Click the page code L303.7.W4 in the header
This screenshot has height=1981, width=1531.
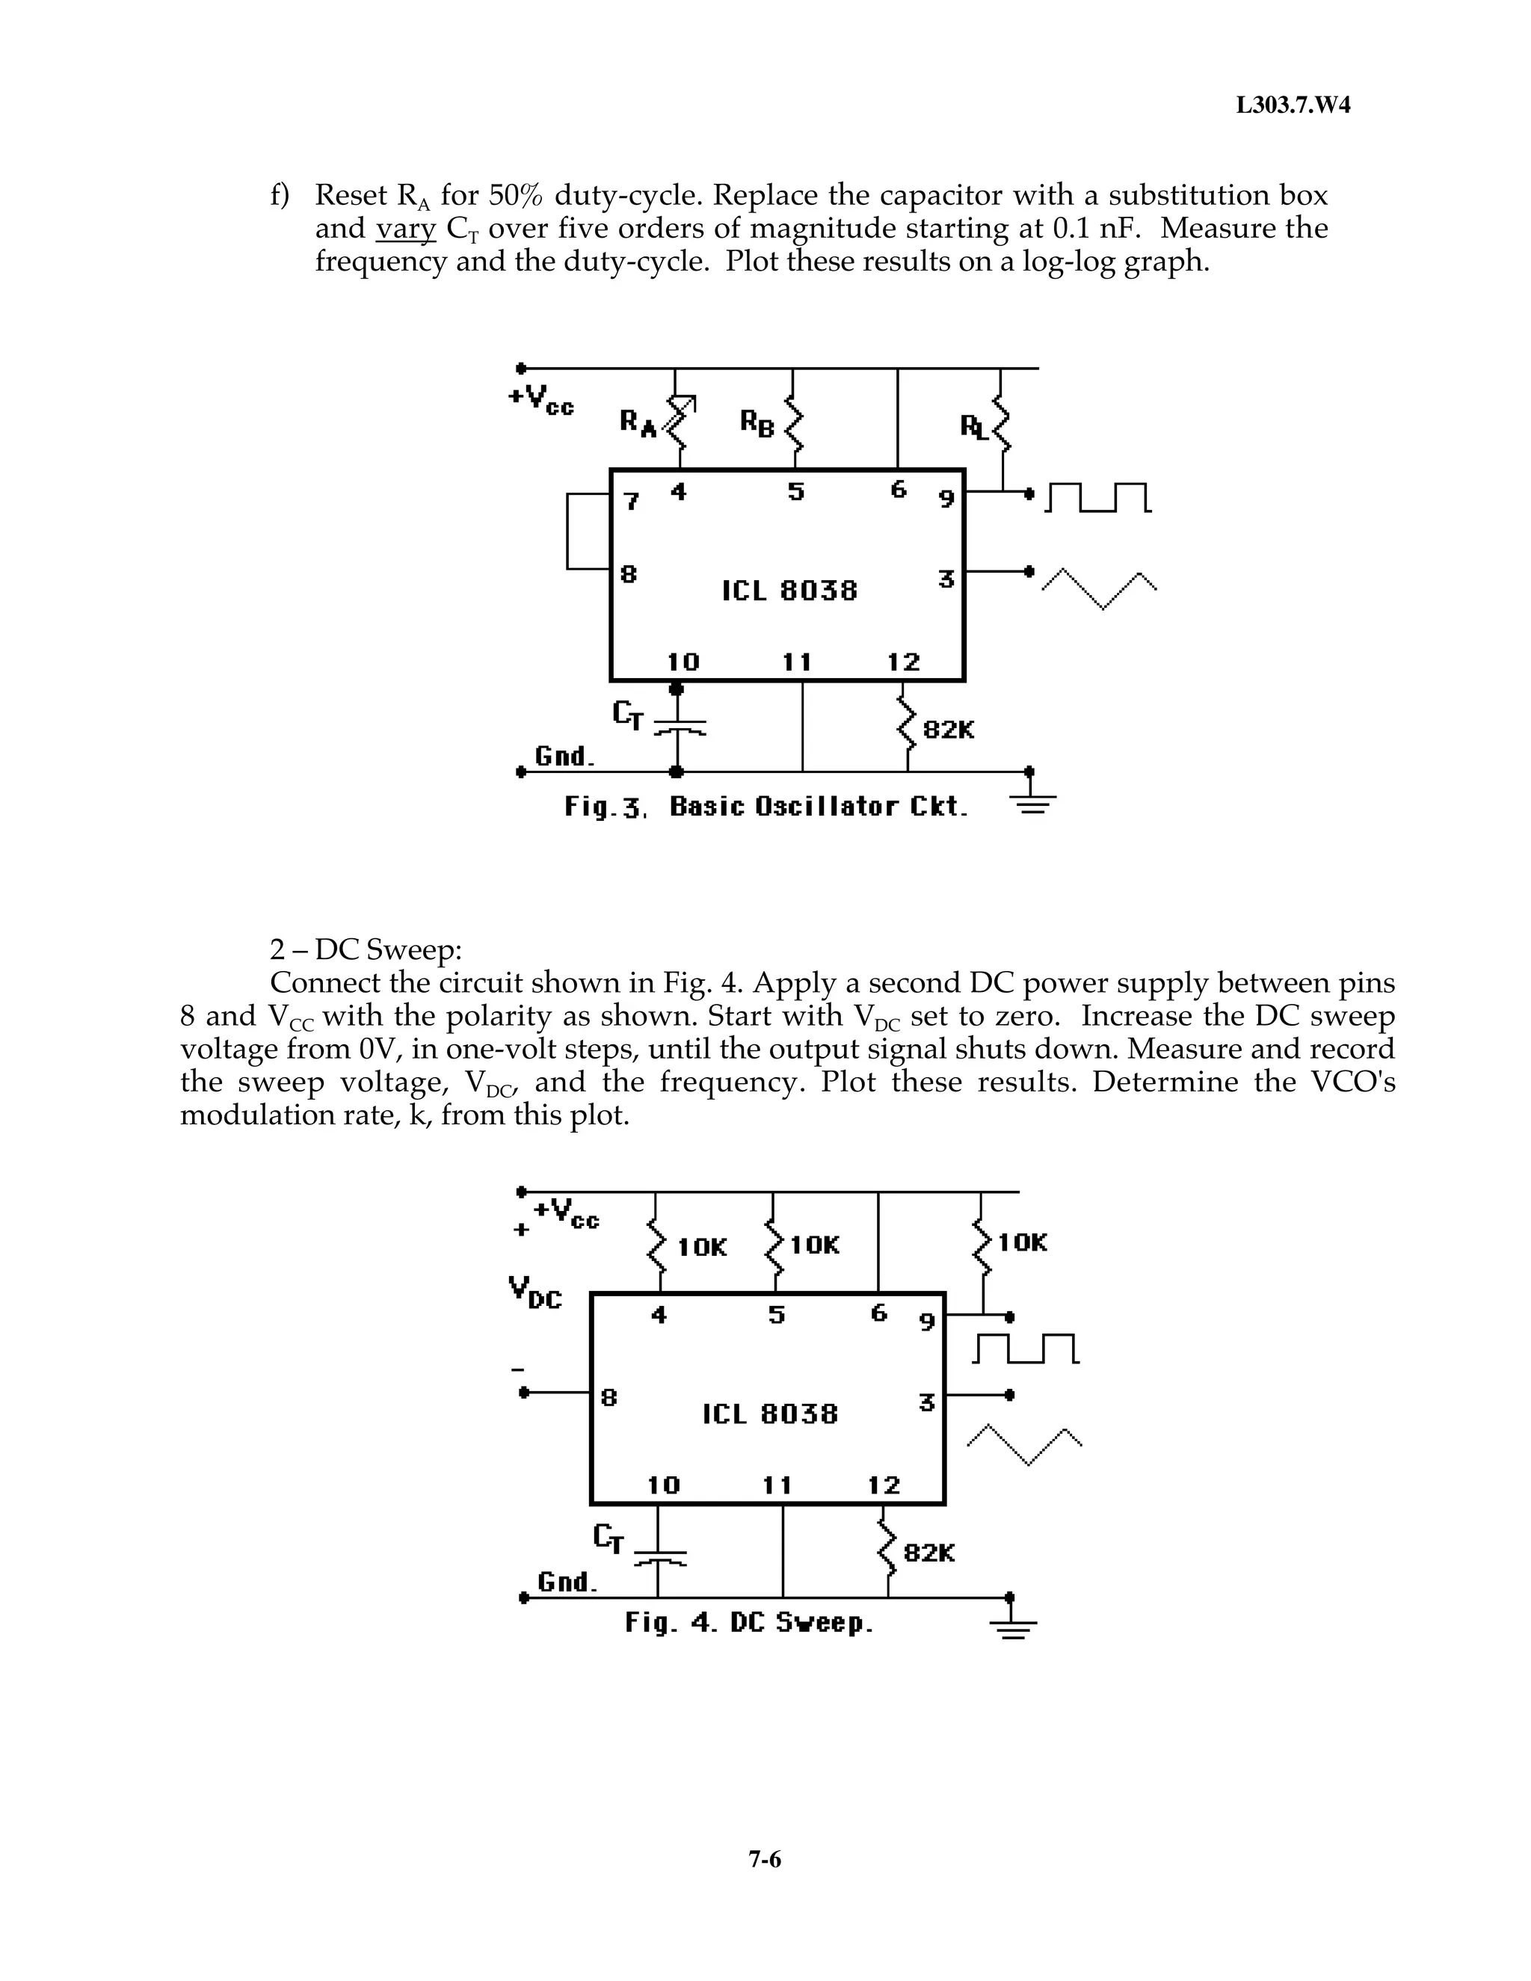pos(1293,105)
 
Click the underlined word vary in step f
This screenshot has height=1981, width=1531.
pos(405,229)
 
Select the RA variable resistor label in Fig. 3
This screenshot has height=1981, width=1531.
pos(638,422)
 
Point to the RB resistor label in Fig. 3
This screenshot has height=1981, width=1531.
pos(757,422)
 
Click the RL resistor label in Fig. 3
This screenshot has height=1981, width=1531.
pos(974,426)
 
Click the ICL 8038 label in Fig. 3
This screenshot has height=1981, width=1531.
pos(789,591)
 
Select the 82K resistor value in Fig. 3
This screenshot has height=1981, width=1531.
pos(948,730)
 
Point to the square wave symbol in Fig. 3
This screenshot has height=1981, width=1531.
pos(1098,498)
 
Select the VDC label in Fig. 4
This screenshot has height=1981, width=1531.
pos(535,1292)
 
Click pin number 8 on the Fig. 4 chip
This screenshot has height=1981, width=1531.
pos(609,1398)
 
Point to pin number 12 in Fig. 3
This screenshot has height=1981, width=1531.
pos(903,662)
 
